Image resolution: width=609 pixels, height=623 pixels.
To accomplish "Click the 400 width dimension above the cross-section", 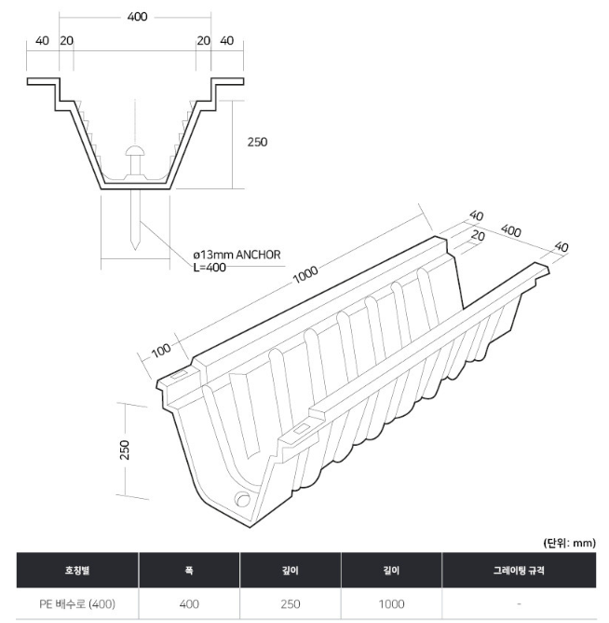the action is click(137, 17).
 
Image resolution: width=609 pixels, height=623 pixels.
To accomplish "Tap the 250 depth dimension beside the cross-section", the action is click(258, 142).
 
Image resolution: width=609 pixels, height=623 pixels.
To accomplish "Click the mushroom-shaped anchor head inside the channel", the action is click(135, 151).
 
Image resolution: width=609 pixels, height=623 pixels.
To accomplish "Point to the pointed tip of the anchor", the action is click(135, 250).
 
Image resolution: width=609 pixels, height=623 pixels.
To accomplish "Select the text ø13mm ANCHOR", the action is click(237, 255).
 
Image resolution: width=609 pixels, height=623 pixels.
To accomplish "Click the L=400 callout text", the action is click(210, 267).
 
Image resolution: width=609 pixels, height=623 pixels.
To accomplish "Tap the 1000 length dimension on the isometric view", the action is click(305, 274).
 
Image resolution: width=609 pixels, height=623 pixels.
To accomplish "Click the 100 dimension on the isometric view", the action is click(161, 350).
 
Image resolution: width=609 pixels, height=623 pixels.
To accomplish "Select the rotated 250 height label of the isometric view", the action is click(125, 450).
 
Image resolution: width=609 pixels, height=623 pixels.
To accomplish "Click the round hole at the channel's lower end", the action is click(242, 499).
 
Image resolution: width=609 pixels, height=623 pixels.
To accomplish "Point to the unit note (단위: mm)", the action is click(569, 543).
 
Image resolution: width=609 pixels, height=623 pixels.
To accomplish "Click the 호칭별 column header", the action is click(77, 570).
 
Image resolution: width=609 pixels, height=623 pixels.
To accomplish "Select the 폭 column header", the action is click(189, 570).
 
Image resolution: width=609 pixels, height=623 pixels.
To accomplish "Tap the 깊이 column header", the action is click(291, 570).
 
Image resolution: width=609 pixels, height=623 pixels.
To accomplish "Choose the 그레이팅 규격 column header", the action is click(519, 570).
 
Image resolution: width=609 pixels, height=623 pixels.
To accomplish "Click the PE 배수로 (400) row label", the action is click(77, 604).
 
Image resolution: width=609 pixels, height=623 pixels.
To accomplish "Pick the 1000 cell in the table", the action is click(392, 604).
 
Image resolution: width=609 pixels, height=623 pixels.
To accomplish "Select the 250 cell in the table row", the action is click(291, 604).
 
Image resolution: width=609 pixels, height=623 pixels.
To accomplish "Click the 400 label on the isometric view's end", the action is click(510, 230).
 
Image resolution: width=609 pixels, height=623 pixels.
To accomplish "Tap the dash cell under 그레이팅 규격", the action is click(519, 604).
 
